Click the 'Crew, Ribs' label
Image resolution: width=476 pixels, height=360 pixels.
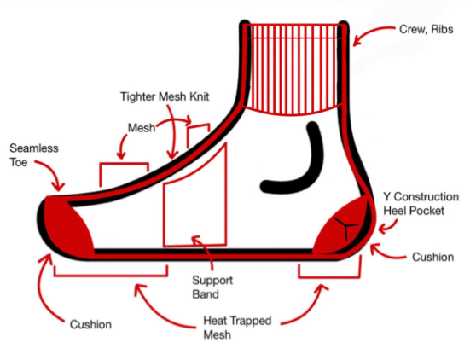426,30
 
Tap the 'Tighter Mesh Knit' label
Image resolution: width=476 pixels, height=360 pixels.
165,96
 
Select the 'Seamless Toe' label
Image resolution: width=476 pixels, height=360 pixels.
34,155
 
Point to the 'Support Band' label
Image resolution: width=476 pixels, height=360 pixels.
212,287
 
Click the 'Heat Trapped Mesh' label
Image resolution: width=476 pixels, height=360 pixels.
237,328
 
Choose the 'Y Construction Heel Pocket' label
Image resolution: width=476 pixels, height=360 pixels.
421,204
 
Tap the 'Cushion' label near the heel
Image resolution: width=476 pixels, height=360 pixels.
432,257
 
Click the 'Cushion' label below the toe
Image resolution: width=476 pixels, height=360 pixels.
90,324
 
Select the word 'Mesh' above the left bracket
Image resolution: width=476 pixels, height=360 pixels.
142,128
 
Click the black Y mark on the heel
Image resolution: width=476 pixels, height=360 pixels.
346,226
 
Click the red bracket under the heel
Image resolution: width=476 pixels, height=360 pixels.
329,277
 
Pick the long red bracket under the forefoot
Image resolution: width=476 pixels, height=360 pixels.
111,276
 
